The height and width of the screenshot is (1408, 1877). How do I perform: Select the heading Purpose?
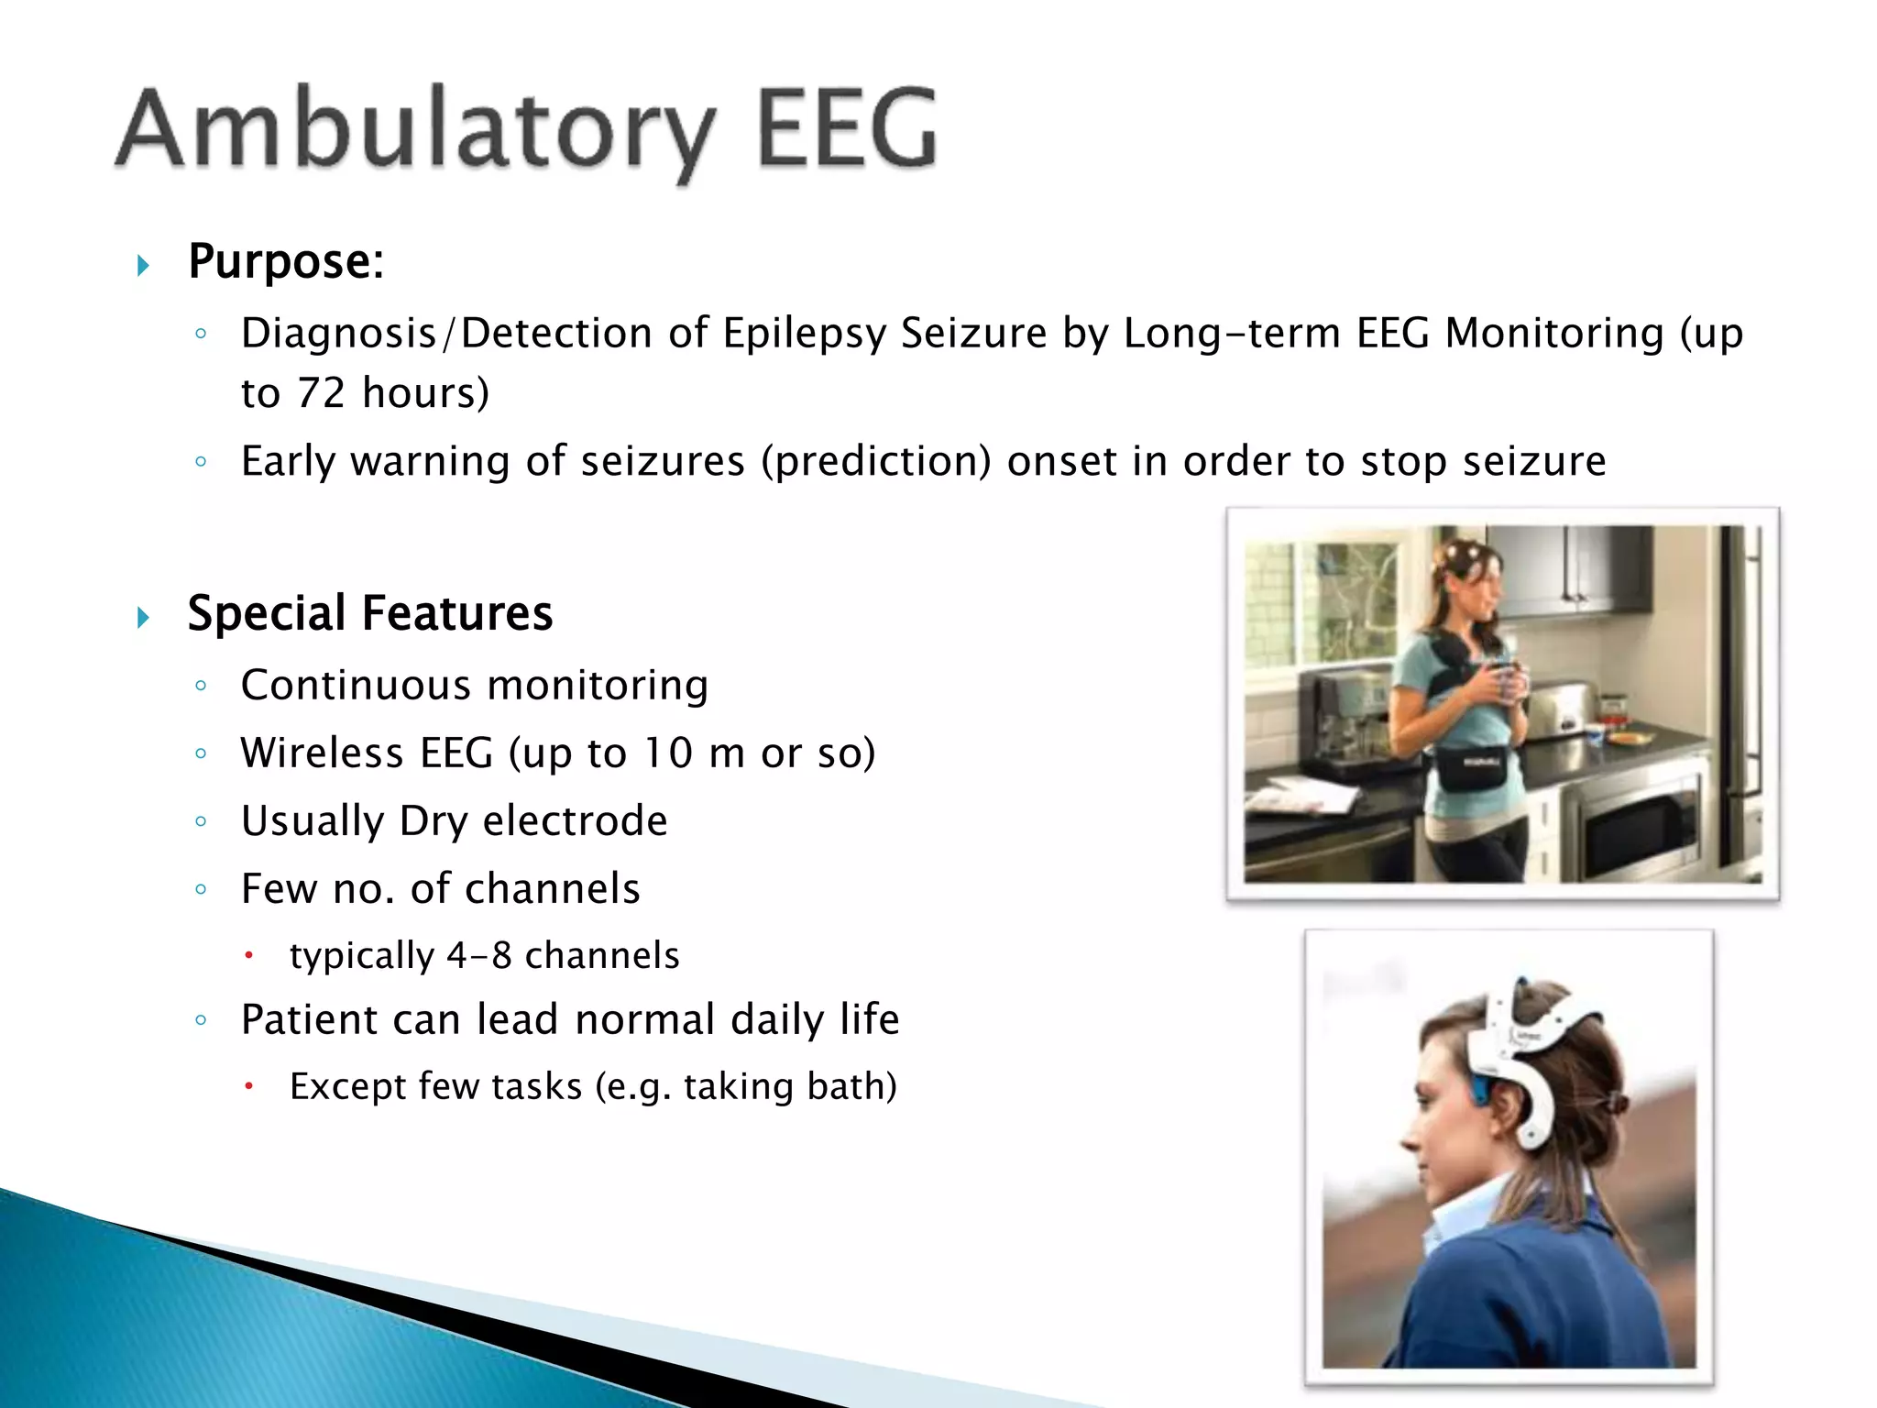coord(285,261)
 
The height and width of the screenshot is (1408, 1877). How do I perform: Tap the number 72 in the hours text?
coord(321,393)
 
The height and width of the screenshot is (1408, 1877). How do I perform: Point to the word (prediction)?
coord(875,461)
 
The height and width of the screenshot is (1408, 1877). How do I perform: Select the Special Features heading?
coord(369,613)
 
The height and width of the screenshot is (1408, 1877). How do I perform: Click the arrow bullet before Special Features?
coord(143,618)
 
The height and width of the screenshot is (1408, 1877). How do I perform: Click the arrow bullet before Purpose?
coord(143,266)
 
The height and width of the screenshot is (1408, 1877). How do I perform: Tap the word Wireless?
coord(322,753)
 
